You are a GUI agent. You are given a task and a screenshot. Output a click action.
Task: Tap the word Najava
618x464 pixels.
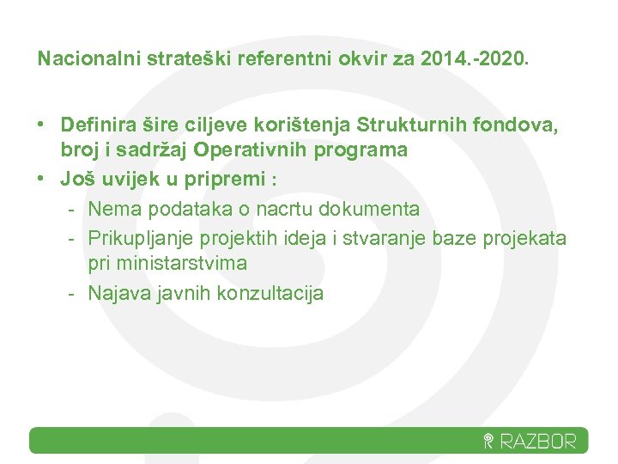pyautogui.click(x=118, y=293)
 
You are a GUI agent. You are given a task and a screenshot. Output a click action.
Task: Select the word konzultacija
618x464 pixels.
pyautogui.click(x=270, y=293)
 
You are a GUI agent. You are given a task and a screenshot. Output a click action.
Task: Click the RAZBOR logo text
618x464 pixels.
pyautogui.click(x=539, y=442)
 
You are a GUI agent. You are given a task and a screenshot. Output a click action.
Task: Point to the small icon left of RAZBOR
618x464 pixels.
pyautogui.click(x=488, y=443)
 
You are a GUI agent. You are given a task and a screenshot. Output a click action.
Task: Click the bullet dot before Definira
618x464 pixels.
pyautogui.click(x=41, y=125)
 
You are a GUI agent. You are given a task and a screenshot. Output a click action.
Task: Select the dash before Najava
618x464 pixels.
pyautogui.click(x=74, y=293)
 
